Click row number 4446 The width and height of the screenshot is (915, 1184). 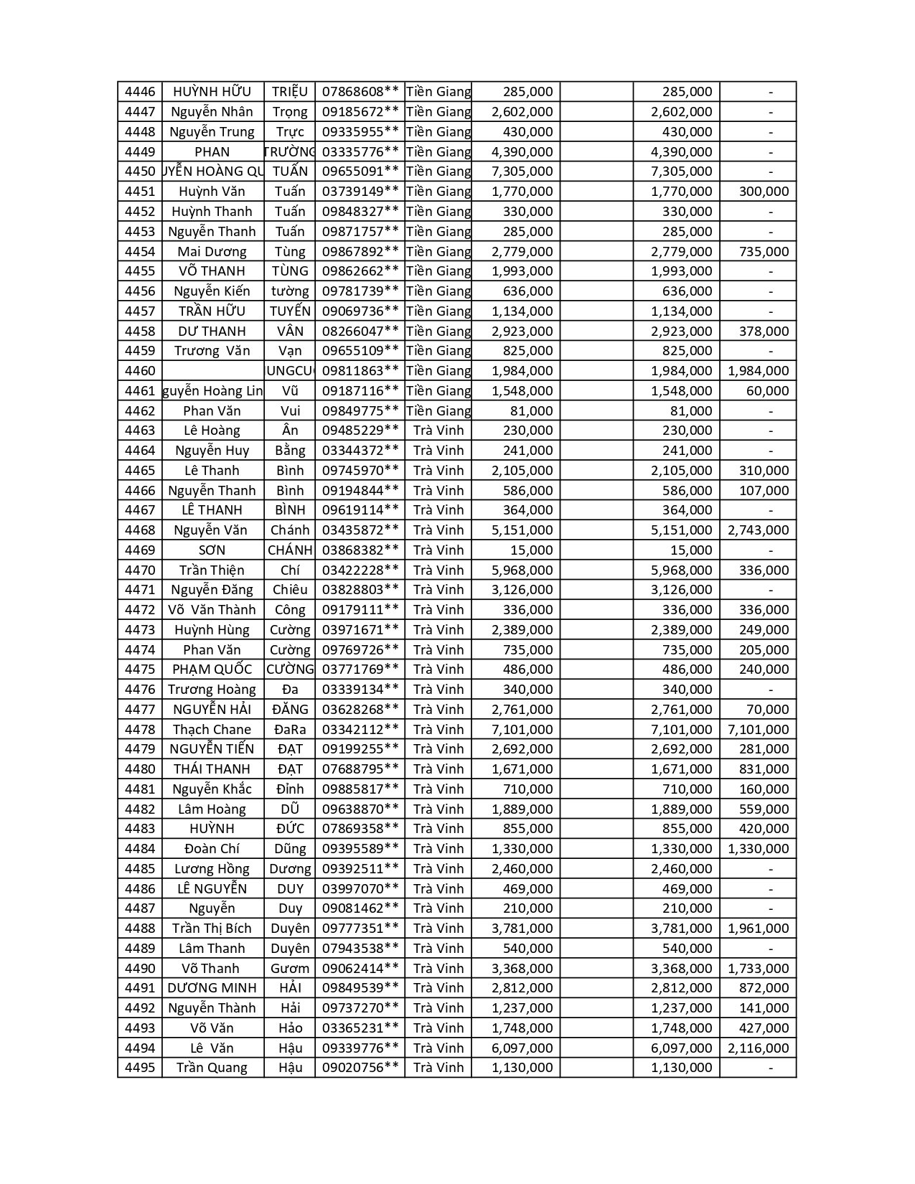[x=139, y=92]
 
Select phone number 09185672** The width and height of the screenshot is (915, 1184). [x=360, y=112]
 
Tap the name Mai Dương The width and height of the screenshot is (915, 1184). [x=212, y=251]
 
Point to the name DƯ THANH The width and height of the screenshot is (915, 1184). [x=212, y=331]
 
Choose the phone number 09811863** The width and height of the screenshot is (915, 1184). [x=360, y=371]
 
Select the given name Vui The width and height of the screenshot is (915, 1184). [x=290, y=410]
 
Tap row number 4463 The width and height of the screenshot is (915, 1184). [x=139, y=431]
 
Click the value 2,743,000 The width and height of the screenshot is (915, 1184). [x=758, y=530]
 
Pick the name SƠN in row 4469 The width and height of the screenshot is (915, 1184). [x=212, y=550]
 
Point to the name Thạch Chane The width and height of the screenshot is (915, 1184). [x=212, y=729]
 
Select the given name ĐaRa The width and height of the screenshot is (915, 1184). [x=290, y=729]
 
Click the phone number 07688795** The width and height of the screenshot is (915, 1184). [x=360, y=769]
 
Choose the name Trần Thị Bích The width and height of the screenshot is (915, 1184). [x=212, y=929]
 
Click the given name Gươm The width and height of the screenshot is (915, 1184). [x=290, y=969]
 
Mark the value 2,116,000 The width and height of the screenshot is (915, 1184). [x=758, y=1048]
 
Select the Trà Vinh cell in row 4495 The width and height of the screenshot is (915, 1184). [x=438, y=1068]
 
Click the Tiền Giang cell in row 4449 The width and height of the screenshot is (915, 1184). [x=438, y=151]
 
